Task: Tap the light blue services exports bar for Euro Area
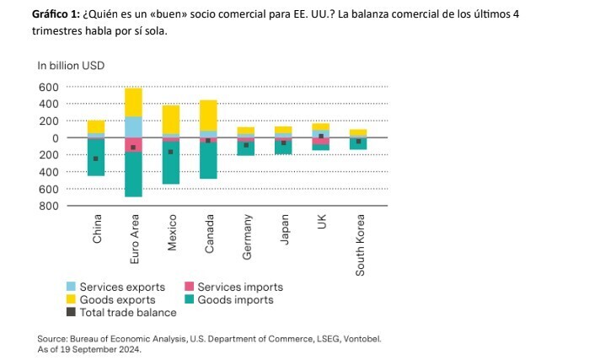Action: coord(133,126)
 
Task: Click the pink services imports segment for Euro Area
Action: coord(133,144)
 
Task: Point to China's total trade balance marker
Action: coord(96,159)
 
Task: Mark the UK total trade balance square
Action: coord(321,136)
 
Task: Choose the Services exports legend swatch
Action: coord(72,287)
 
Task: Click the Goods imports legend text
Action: coord(235,299)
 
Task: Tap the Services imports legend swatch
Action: coord(189,287)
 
